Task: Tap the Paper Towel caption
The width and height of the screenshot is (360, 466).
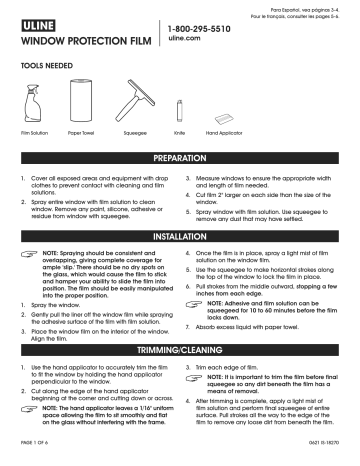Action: coord(81,131)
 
